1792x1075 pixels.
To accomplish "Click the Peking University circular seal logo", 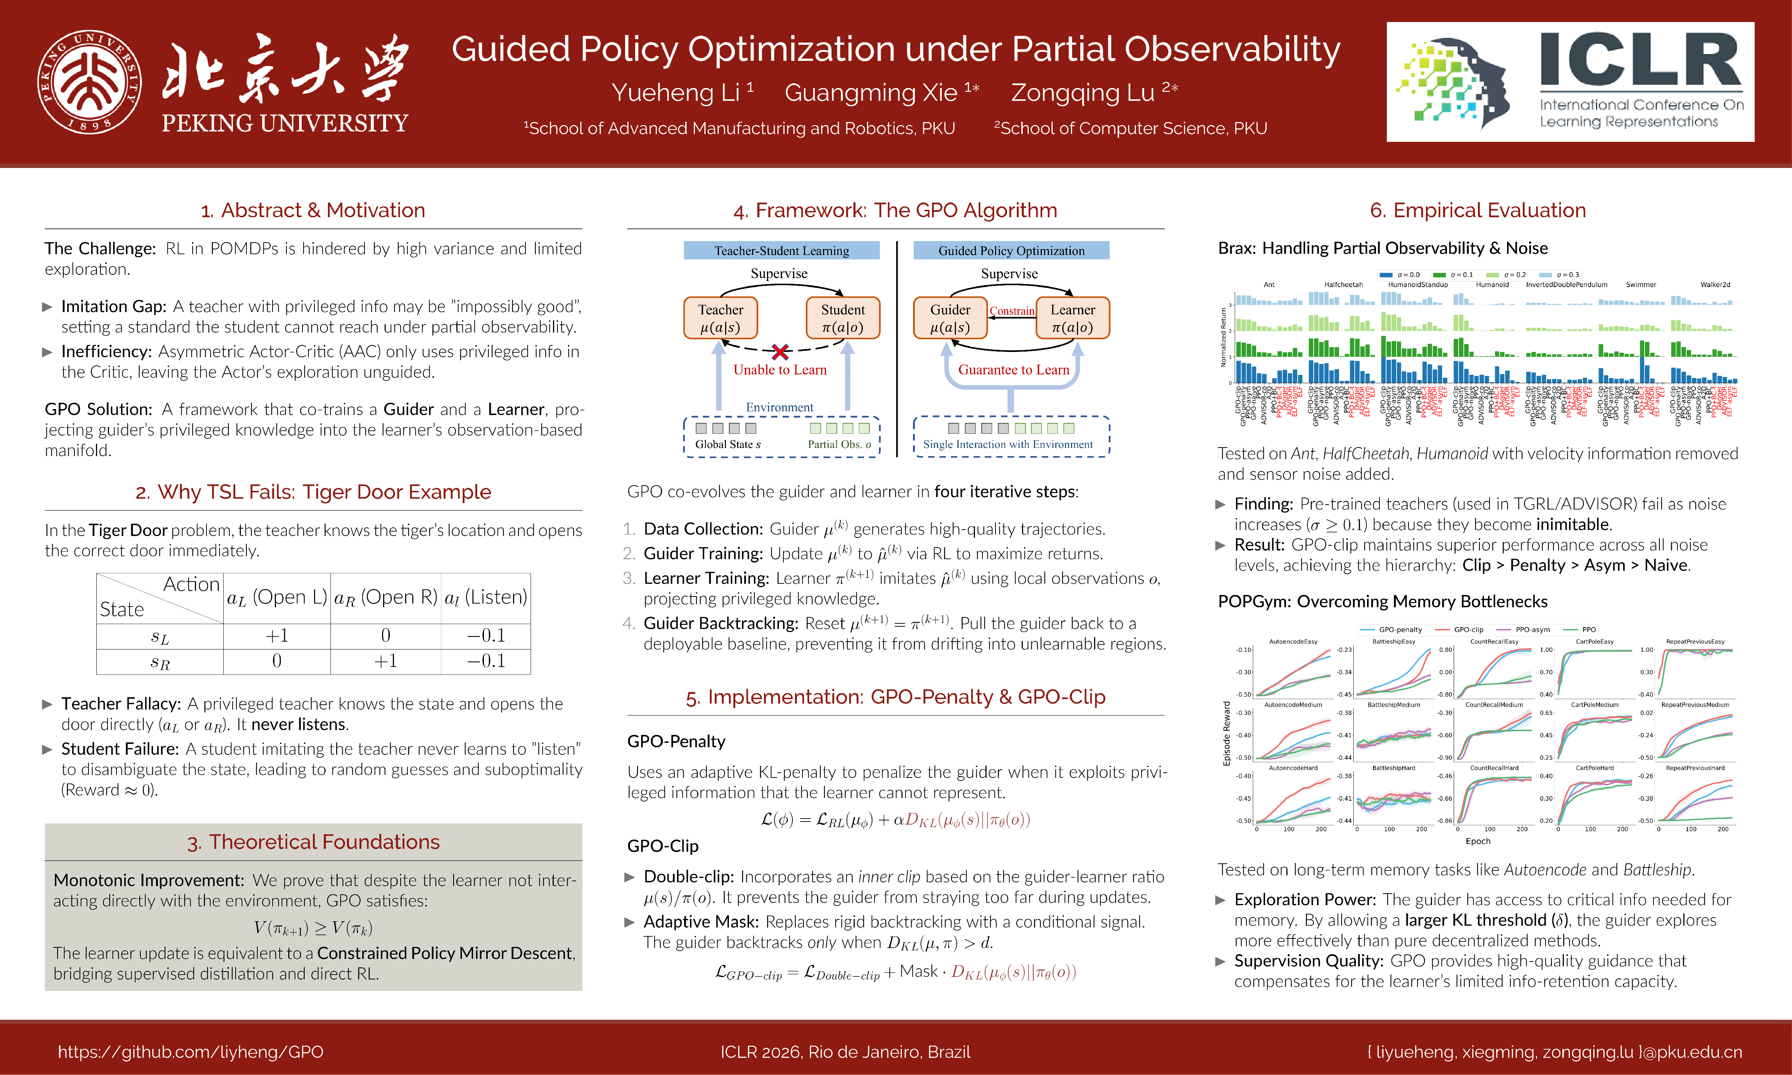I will coord(89,82).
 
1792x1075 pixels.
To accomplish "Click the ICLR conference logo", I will coord(1569,82).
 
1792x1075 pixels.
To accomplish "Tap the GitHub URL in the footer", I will coord(190,1052).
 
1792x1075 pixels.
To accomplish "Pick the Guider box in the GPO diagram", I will coord(950,318).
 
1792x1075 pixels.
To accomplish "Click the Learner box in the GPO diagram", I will coord(1072,318).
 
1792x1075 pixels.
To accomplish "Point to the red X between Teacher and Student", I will coord(780,352).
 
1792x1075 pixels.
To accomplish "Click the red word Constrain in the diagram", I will coord(1012,311).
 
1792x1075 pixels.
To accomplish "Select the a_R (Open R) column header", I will coord(385,597).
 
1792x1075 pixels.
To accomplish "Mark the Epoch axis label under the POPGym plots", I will coord(1478,841).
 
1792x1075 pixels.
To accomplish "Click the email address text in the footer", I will coord(1554,1052).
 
